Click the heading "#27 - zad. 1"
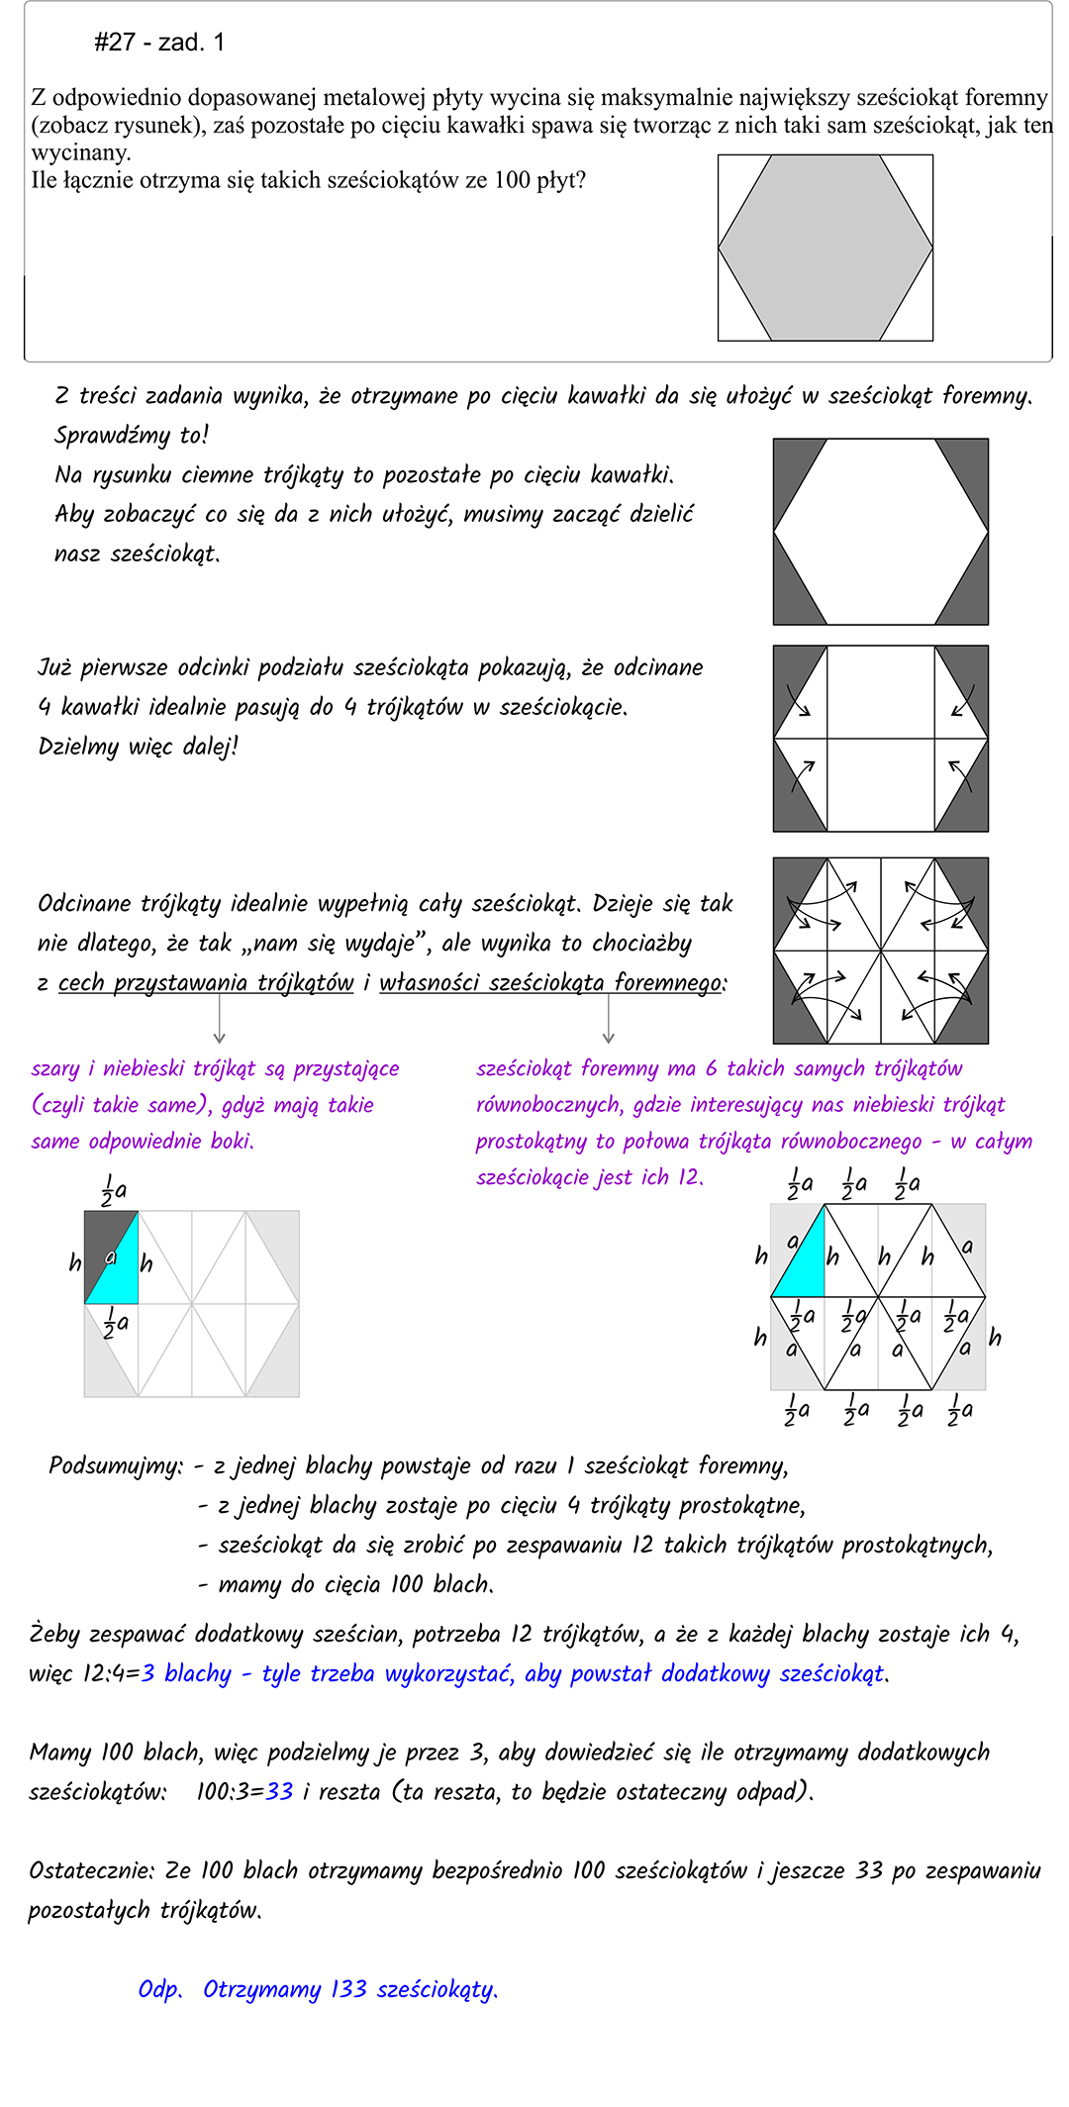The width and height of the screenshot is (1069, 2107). pyautogui.click(x=159, y=43)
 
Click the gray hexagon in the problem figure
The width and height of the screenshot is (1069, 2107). pyautogui.click(x=825, y=248)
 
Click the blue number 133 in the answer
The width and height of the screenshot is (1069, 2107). pyautogui.click(x=348, y=1989)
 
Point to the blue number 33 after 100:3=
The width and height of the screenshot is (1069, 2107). pyautogui.click(x=280, y=1791)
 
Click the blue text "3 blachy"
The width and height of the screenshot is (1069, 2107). pyautogui.click(x=186, y=1673)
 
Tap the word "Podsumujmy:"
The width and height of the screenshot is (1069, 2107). pyautogui.click(x=116, y=1465)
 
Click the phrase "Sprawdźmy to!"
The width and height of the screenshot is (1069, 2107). pyautogui.click(x=132, y=435)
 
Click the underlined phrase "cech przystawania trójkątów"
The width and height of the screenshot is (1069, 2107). pyautogui.click(x=206, y=982)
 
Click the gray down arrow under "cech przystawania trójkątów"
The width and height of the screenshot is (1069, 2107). pyautogui.click(x=220, y=1020)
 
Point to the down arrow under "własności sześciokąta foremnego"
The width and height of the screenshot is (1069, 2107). pyautogui.click(x=609, y=1020)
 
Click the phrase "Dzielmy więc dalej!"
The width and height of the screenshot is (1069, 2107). pyautogui.click(x=139, y=747)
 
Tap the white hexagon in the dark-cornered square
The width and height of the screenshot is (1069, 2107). pyautogui.click(x=880, y=532)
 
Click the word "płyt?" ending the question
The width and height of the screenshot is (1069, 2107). pyautogui.click(x=561, y=180)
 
